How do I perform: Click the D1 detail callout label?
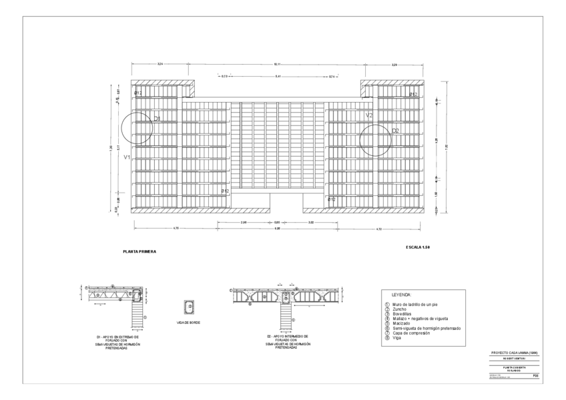[x=158, y=119]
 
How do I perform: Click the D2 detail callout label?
[x=395, y=131]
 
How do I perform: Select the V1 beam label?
[x=127, y=157]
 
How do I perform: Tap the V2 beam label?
[x=369, y=115]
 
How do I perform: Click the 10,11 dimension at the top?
[x=277, y=64]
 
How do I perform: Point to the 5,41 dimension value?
[x=277, y=77]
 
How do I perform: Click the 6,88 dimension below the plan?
[x=277, y=229]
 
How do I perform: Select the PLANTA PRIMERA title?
[x=139, y=252]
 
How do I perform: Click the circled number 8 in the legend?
[x=386, y=337]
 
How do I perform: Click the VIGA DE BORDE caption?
[x=189, y=323]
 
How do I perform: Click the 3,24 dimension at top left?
[x=160, y=64]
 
